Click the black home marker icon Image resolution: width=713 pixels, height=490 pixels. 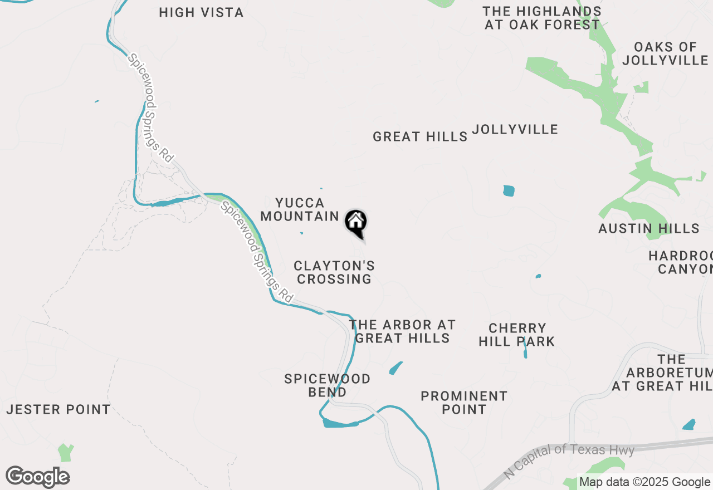tap(356, 222)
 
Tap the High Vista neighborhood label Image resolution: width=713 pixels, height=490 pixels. tap(201, 12)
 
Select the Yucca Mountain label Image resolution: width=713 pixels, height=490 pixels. tap(300, 209)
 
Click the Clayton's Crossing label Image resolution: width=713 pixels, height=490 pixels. tap(334, 272)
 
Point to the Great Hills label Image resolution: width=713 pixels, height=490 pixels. tap(420, 136)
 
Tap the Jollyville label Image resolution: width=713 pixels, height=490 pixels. tap(515, 129)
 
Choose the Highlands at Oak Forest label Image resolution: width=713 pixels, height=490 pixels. tap(542, 18)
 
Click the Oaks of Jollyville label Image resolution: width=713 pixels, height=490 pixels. tap(665, 53)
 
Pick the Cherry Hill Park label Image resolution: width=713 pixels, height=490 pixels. tap(517, 335)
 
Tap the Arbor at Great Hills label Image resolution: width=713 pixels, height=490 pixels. tap(402, 331)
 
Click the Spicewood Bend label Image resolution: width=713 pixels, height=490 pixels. tap(327, 385)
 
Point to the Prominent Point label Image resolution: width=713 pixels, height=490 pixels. tap(464, 403)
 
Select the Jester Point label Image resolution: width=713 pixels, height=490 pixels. tap(58, 410)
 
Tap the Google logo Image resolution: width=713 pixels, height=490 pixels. tap(37, 477)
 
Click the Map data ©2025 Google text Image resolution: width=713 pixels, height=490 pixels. tap(645, 482)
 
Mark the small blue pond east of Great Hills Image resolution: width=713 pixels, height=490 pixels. tap(509, 191)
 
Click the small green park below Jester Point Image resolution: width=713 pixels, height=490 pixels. tap(66, 452)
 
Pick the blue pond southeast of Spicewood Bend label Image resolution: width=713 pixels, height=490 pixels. tap(396, 368)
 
